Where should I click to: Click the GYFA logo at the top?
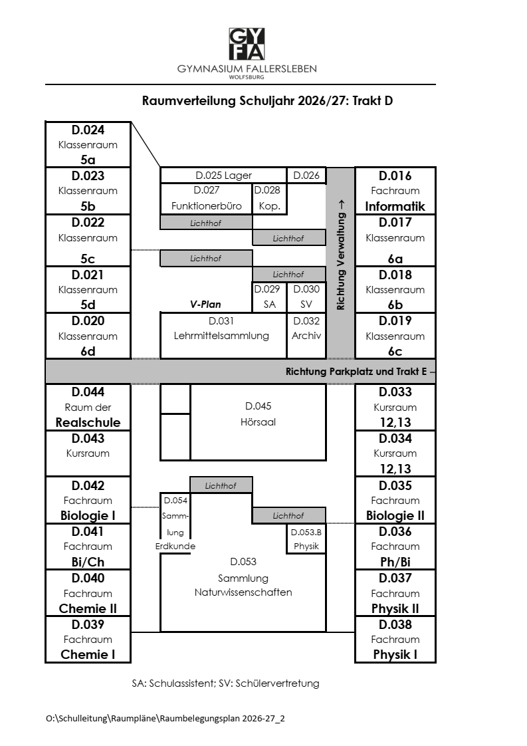[x=247, y=44]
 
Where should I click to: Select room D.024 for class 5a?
[x=88, y=144]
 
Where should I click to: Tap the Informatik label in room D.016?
[x=395, y=207]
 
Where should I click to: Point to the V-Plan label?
[x=205, y=305]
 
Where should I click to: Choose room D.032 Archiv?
[x=306, y=335]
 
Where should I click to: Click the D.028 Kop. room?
[x=269, y=198]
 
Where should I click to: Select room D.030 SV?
[x=306, y=297]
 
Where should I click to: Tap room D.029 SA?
[x=269, y=297]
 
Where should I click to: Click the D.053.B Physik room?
[x=306, y=539]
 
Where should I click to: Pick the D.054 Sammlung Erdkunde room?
[x=175, y=523]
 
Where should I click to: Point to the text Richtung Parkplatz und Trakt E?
[x=356, y=372]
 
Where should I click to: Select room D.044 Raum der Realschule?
[x=88, y=408]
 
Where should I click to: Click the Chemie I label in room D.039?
[x=88, y=655]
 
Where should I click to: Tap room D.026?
[x=306, y=175]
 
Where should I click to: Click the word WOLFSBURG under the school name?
[x=247, y=77]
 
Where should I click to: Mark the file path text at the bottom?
[x=165, y=718]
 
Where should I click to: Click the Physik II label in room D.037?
[x=395, y=609]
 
